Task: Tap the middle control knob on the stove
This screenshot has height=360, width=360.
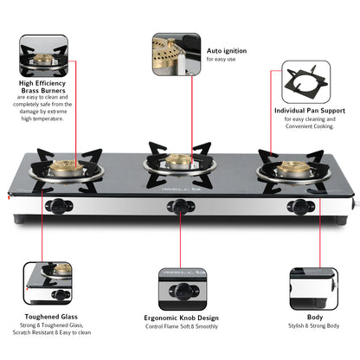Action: tap(177, 207)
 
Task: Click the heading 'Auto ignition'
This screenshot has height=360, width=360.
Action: tap(227, 51)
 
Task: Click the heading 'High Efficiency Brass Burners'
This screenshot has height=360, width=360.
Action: tap(42, 88)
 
